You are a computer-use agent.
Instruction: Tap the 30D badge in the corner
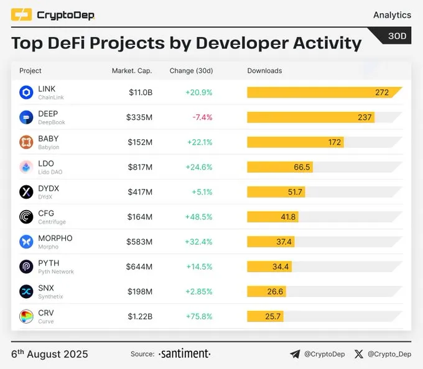[397, 37]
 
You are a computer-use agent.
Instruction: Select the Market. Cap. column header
[131, 71]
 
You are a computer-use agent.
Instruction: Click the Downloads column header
[264, 71]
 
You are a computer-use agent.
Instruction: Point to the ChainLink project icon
[26, 93]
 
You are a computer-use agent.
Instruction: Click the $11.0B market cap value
[140, 93]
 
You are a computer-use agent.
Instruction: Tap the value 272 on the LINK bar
[381, 93]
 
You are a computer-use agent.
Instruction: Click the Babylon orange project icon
[26, 142]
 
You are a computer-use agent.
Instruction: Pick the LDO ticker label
[46, 164]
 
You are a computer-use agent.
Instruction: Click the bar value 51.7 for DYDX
[295, 192]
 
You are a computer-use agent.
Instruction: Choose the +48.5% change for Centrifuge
[198, 217]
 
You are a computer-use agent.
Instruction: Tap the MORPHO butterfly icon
[26, 242]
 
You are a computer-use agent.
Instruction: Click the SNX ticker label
[46, 288]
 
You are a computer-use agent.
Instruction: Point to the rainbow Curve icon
[26, 316]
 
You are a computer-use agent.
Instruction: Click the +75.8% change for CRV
[198, 316]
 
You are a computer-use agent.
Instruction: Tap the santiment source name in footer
[185, 354]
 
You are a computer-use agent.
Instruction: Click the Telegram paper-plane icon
[295, 354]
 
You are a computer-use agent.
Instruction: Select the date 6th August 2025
[50, 354]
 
